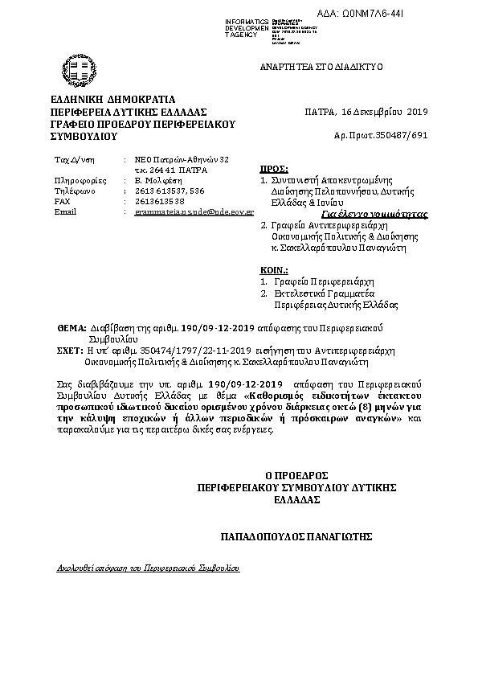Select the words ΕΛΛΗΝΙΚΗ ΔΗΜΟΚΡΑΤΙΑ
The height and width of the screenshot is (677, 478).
101,99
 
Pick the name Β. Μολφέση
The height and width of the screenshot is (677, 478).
155,181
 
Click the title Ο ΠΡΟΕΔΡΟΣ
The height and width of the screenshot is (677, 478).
296,475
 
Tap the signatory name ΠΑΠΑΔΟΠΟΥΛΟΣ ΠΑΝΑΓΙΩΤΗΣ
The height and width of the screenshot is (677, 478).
296,535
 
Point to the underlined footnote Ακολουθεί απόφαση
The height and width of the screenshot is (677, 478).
148,567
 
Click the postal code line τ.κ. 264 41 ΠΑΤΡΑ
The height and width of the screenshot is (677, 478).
170,170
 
